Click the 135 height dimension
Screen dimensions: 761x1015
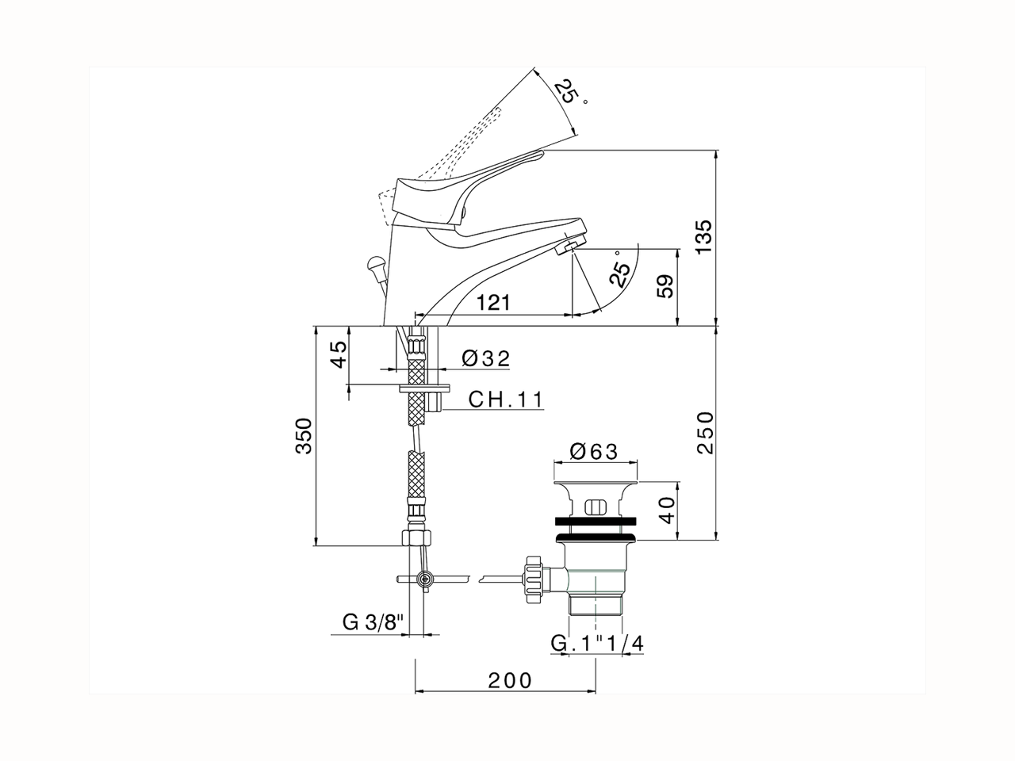[x=704, y=235]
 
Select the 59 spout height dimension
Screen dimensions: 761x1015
[x=666, y=287]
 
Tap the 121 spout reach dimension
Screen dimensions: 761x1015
[x=493, y=303]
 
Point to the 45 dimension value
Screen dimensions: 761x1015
[x=338, y=353]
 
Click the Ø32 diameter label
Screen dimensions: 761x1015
[x=485, y=358]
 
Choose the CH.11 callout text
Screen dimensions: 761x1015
[x=505, y=399]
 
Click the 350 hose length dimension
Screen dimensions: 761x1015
[x=303, y=436]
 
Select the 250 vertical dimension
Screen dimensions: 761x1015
[x=704, y=432]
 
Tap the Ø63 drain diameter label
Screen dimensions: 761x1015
[x=593, y=451]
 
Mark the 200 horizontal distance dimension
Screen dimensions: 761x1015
[x=509, y=679]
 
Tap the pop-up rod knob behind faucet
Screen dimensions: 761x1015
[x=375, y=262]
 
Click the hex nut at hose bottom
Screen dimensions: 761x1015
[x=416, y=537]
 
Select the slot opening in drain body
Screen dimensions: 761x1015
[x=595, y=507]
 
